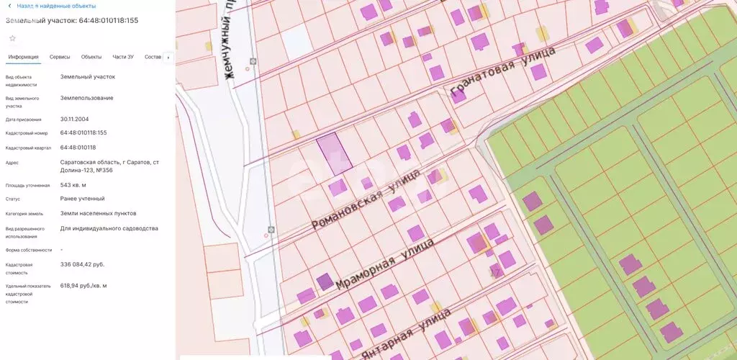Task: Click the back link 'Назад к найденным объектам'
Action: (55, 6)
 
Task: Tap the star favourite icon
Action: (12, 37)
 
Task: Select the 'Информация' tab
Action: (23, 57)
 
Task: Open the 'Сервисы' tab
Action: (60, 57)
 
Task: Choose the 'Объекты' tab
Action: (91, 57)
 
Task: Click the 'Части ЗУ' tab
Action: (123, 57)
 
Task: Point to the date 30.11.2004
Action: (75, 120)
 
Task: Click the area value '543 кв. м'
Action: (73, 185)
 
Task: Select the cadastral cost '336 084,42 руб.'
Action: (82, 264)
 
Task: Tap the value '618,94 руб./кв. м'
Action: (83, 286)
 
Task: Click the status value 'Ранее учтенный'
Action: (82, 199)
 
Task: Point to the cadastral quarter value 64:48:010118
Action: (78, 148)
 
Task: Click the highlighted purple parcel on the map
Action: (334, 153)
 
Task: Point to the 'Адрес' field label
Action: (12, 163)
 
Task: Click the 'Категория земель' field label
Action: (24, 214)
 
